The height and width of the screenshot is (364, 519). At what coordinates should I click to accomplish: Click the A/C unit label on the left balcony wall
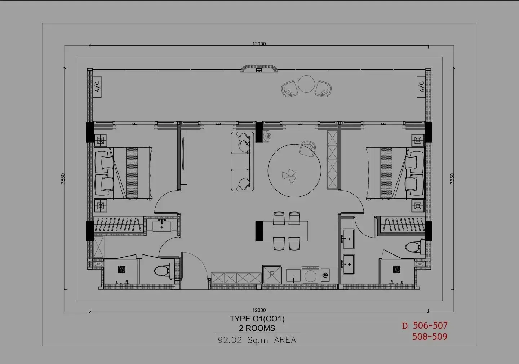pyautogui.click(x=97, y=86)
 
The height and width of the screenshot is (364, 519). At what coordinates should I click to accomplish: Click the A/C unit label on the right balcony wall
pyautogui.click(x=421, y=86)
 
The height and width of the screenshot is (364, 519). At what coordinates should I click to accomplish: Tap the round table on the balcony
pyautogui.click(x=306, y=84)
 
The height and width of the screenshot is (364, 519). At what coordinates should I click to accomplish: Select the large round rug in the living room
pyautogui.click(x=294, y=171)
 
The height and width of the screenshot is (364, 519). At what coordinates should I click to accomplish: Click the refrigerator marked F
pyautogui.click(x=272, y=275)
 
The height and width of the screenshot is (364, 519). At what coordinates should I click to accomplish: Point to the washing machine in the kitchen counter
pyautogui.click(x=310, y=275)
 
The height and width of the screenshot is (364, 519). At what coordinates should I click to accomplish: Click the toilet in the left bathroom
pyautogui.click(x=164, y=271)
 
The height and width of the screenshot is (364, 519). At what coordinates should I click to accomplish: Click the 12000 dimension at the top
pyautogui.click(x=259, y=44)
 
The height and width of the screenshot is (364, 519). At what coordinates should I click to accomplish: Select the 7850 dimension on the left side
pyautogui.click(x=63, y=179)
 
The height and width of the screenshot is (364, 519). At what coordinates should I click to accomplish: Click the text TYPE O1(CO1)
pyautogui.click(x=257, y=319)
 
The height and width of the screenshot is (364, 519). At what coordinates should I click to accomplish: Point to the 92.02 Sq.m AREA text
pyautogui.click(x=257, y=340)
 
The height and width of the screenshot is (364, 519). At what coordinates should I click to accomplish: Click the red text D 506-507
pyautogui.click(x=425, y=325)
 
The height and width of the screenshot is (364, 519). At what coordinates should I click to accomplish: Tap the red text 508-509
pyautogui.click(x=430, y=336)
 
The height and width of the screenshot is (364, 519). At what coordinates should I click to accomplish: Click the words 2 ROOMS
pyautogui.click(x=257, y=328)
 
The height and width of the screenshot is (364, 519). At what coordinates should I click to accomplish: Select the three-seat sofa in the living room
pyautogui.click(x=242, y=161)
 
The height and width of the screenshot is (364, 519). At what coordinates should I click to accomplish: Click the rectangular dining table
pyautogui.click(x=282, y=231)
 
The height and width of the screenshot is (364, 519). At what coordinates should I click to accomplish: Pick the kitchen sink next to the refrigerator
pyautogui.click(x=293, y=275)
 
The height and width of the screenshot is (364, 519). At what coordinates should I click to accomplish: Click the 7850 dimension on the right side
pyautogui.click(x=452, y=179)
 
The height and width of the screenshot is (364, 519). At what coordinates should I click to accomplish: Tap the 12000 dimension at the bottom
pyautogui.click(x=259, y=310)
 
